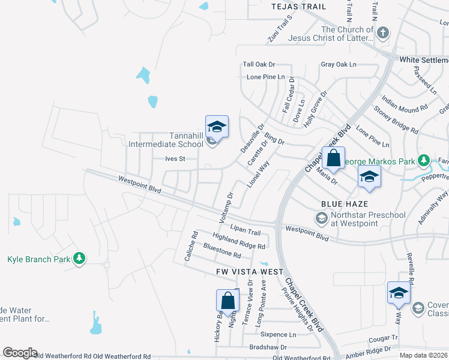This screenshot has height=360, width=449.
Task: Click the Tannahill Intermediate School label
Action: click(x=166, y=140)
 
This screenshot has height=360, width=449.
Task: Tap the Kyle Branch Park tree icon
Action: click(x=79, y=259)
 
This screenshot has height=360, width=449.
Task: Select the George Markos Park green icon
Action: click(x=424, y=161)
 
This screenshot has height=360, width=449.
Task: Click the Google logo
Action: click(x=20, y=353)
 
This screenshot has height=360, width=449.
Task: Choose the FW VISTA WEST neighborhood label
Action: click(x=250, y=272)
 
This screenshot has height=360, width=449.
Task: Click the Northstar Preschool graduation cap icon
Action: click(x=322, y=217)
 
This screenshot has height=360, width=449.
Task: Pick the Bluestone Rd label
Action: click(x=222, y=253)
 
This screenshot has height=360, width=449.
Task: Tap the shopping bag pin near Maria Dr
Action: click(x=333, y=159)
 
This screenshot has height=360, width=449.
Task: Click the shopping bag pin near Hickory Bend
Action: click(x=229, y=301)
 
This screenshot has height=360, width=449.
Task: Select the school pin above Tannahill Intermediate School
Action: click(x=217, y=127)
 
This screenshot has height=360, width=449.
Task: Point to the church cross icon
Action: click(x=384, y=34)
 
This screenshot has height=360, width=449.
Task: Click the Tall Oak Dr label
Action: click(x=259, y=64)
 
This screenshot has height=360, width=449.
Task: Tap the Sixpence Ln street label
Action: click(x=279, y=334)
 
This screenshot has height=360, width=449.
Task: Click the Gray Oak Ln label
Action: click(x=339, y=64)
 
